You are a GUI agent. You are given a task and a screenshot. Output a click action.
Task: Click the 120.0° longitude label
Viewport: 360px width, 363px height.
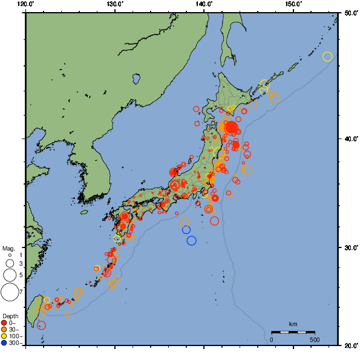pos(26,4)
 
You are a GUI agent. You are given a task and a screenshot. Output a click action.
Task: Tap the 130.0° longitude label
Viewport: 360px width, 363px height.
pos(115,4)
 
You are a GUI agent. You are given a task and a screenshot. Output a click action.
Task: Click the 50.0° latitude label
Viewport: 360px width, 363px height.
pos(350,13)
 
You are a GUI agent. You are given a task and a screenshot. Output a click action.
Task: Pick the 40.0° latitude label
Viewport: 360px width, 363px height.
pos(350,139)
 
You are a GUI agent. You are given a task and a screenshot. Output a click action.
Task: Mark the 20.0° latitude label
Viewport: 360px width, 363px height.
pos(350,345)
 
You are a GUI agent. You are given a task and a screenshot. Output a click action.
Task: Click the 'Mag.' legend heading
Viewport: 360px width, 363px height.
pos(8,248)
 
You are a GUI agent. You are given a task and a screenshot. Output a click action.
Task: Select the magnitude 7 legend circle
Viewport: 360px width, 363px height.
pos(10,292)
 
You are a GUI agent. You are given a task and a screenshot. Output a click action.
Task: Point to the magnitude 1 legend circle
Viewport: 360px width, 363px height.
pos(10,255)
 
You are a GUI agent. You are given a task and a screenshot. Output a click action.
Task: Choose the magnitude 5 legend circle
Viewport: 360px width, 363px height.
pos(10,276)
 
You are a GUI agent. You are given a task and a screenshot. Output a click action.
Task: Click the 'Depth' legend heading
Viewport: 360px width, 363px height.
pos(10,316)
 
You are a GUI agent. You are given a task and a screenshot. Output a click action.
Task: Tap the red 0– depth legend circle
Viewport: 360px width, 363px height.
pos(4,323)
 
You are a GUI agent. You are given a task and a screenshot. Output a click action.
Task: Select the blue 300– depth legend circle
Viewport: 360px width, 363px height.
pos(4,343)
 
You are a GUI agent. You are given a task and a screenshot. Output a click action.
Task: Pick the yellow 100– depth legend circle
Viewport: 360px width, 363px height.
pos(4,336)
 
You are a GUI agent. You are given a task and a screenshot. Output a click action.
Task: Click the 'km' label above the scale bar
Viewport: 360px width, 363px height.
pos(293,325)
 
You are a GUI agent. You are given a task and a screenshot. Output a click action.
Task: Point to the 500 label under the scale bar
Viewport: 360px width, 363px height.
pos(315,339)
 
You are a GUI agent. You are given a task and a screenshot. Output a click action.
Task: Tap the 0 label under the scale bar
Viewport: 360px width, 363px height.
pos(271,339)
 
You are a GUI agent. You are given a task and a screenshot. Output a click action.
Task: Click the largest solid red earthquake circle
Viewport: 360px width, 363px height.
pos(231,127)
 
